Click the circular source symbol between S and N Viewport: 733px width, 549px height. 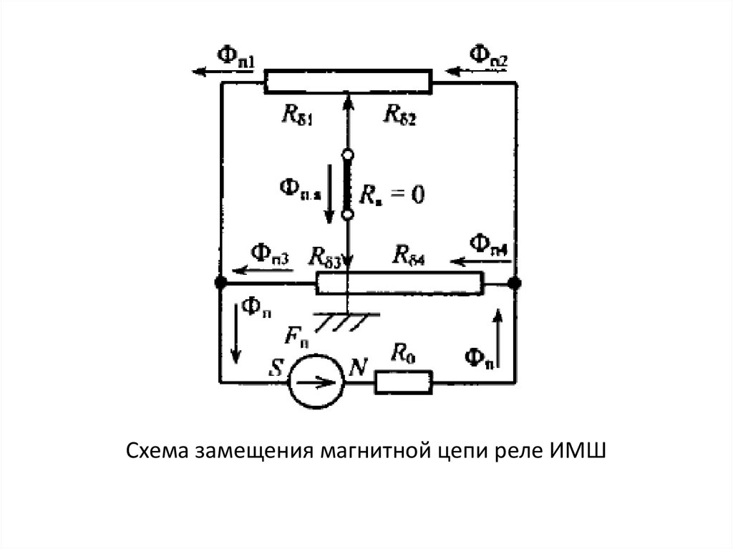[x=317, y=382]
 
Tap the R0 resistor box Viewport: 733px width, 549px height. [x=404, y=382]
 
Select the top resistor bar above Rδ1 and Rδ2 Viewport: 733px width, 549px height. [x=349, y=82]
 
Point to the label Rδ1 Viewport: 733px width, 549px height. [x=296, y=113]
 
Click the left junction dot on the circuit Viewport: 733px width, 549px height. [x=219, y=283]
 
